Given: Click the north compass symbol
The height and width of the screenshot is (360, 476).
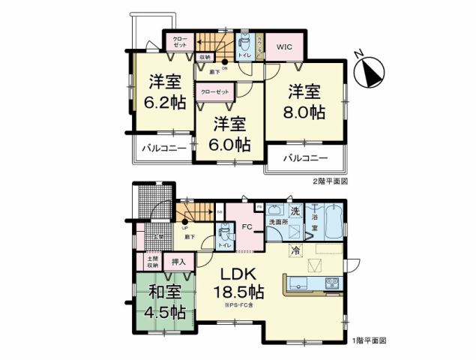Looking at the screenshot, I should pyautogui.click(x=368, y=71).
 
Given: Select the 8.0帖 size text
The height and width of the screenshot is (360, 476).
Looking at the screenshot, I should pyautogui.click(x=307, y=112).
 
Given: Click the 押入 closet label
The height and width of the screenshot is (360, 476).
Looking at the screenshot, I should pyautogui.click(x=179, y=262).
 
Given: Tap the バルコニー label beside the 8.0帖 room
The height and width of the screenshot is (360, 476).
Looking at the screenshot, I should pyautogui.click(x=307, y=159).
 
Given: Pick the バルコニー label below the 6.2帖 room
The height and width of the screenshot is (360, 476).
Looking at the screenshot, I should pyautogui.click(x=160, y=148).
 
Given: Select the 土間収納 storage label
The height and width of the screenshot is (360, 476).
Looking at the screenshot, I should pyautogui.click(x=153, y=262).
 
